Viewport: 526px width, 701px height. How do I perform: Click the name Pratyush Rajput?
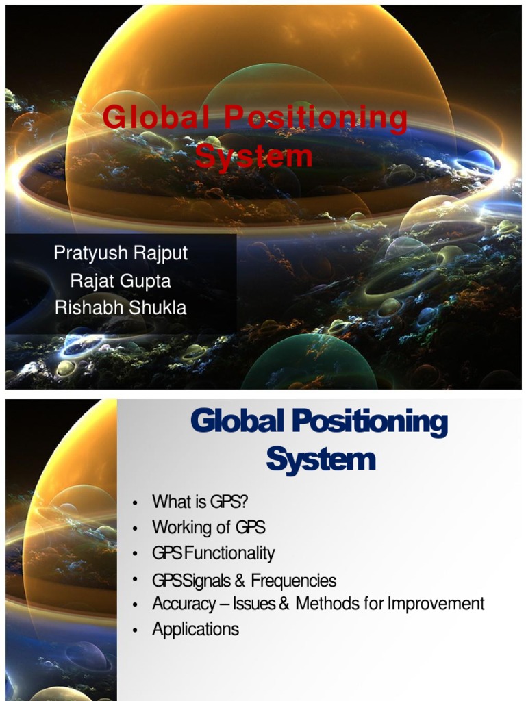(121, 253)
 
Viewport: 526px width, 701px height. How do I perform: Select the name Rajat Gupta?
(121, 281)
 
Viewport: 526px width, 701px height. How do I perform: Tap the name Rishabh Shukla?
(121, 308)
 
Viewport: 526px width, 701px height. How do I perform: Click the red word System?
(254, 155)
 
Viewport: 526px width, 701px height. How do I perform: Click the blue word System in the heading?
(321, 459)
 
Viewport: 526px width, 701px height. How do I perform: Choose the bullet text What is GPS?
(200, 502)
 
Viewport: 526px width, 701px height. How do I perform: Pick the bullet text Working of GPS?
(208, 527)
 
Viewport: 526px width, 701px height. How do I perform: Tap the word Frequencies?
(293, 581)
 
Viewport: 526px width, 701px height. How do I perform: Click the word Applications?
(195, 629)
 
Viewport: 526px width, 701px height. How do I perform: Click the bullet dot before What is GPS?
(136, 503)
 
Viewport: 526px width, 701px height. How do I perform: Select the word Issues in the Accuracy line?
(255, 604)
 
